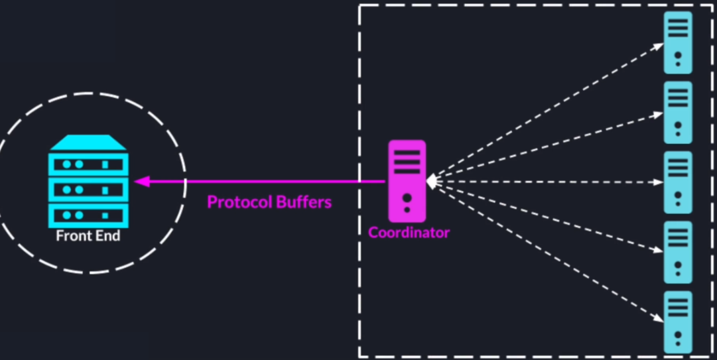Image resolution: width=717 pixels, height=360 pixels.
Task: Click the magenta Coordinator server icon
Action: click(407, 180)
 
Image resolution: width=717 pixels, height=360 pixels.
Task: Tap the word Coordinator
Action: click(409, 233)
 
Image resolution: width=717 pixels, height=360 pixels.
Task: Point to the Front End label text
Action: click(88, 236)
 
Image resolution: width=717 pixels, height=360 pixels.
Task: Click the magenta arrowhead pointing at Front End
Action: click(141, 181)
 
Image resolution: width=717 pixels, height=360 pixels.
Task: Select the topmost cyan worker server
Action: click(678, 42)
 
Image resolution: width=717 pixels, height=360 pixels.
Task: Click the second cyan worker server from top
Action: click(678, 112)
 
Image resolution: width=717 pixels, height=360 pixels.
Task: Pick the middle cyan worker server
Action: click(678, 182)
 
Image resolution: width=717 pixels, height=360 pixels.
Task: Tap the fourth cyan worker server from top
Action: click(678, 253)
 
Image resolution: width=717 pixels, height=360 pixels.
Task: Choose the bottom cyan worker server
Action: click(678, 322)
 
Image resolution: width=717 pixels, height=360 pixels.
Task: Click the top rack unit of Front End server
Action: click(88, 164)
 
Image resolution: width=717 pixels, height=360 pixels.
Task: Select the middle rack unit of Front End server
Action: click(88, 190)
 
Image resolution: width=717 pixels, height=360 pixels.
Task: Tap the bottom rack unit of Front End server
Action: click(88, 215)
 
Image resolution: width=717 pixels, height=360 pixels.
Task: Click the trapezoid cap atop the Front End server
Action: click(88, 142)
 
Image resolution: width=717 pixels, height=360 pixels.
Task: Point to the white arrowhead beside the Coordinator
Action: click(432, 181)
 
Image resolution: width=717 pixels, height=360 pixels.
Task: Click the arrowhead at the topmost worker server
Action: click(659, 46)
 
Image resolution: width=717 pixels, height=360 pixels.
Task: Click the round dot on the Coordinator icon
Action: click(407, 197)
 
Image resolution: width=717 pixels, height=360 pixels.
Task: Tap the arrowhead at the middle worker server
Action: click(659, 182)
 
